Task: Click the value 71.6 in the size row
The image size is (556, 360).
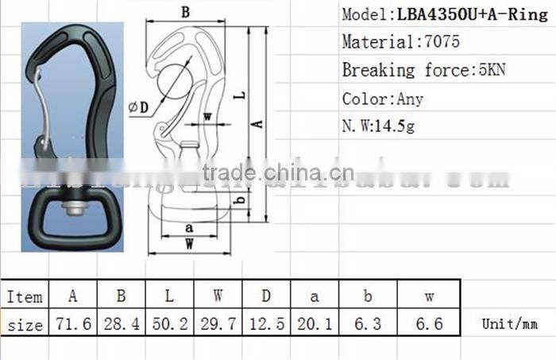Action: (72, 324)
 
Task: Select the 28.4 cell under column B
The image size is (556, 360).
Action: (121, 324)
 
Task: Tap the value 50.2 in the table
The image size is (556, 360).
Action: (169, 324)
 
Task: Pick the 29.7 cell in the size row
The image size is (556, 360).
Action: (218, 324)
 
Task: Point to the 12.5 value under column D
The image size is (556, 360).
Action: (266, 324)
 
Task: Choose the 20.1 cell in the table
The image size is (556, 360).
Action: (315, 324)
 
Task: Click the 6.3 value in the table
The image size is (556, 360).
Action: (368, 324)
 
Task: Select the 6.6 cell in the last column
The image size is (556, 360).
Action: (428, 324)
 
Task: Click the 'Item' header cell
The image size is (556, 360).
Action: (25, 296)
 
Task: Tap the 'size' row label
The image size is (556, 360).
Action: (25, 324)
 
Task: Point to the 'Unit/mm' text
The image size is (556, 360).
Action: (509, 324)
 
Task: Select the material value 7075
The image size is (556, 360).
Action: (442, 42)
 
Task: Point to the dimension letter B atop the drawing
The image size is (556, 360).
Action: (184, 12)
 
